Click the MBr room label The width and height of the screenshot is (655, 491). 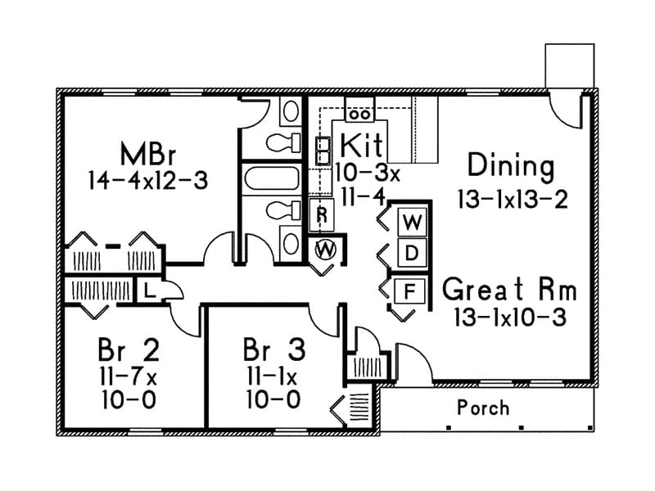click(148, 153)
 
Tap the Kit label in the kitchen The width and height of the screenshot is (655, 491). click(360, 146)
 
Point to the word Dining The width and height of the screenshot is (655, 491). click(510, 166)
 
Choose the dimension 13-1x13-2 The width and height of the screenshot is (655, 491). click(513, 199)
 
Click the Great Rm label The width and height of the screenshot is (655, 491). click(510, 290)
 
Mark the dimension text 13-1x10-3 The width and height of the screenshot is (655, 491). click(510, 318)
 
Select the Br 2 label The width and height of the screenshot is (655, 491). click(129, 350)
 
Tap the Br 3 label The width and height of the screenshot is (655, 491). click(274, 350)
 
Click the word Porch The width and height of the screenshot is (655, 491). click(483, 407)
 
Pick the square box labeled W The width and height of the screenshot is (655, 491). click(413, 222)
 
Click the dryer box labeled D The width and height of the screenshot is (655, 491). click(413, 254)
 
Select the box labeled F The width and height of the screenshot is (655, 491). click(412, 290)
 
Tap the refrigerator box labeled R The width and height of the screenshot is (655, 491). click(323, 215)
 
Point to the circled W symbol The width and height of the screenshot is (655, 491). click(326, 249)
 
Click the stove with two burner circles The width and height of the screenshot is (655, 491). click(359, 110)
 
